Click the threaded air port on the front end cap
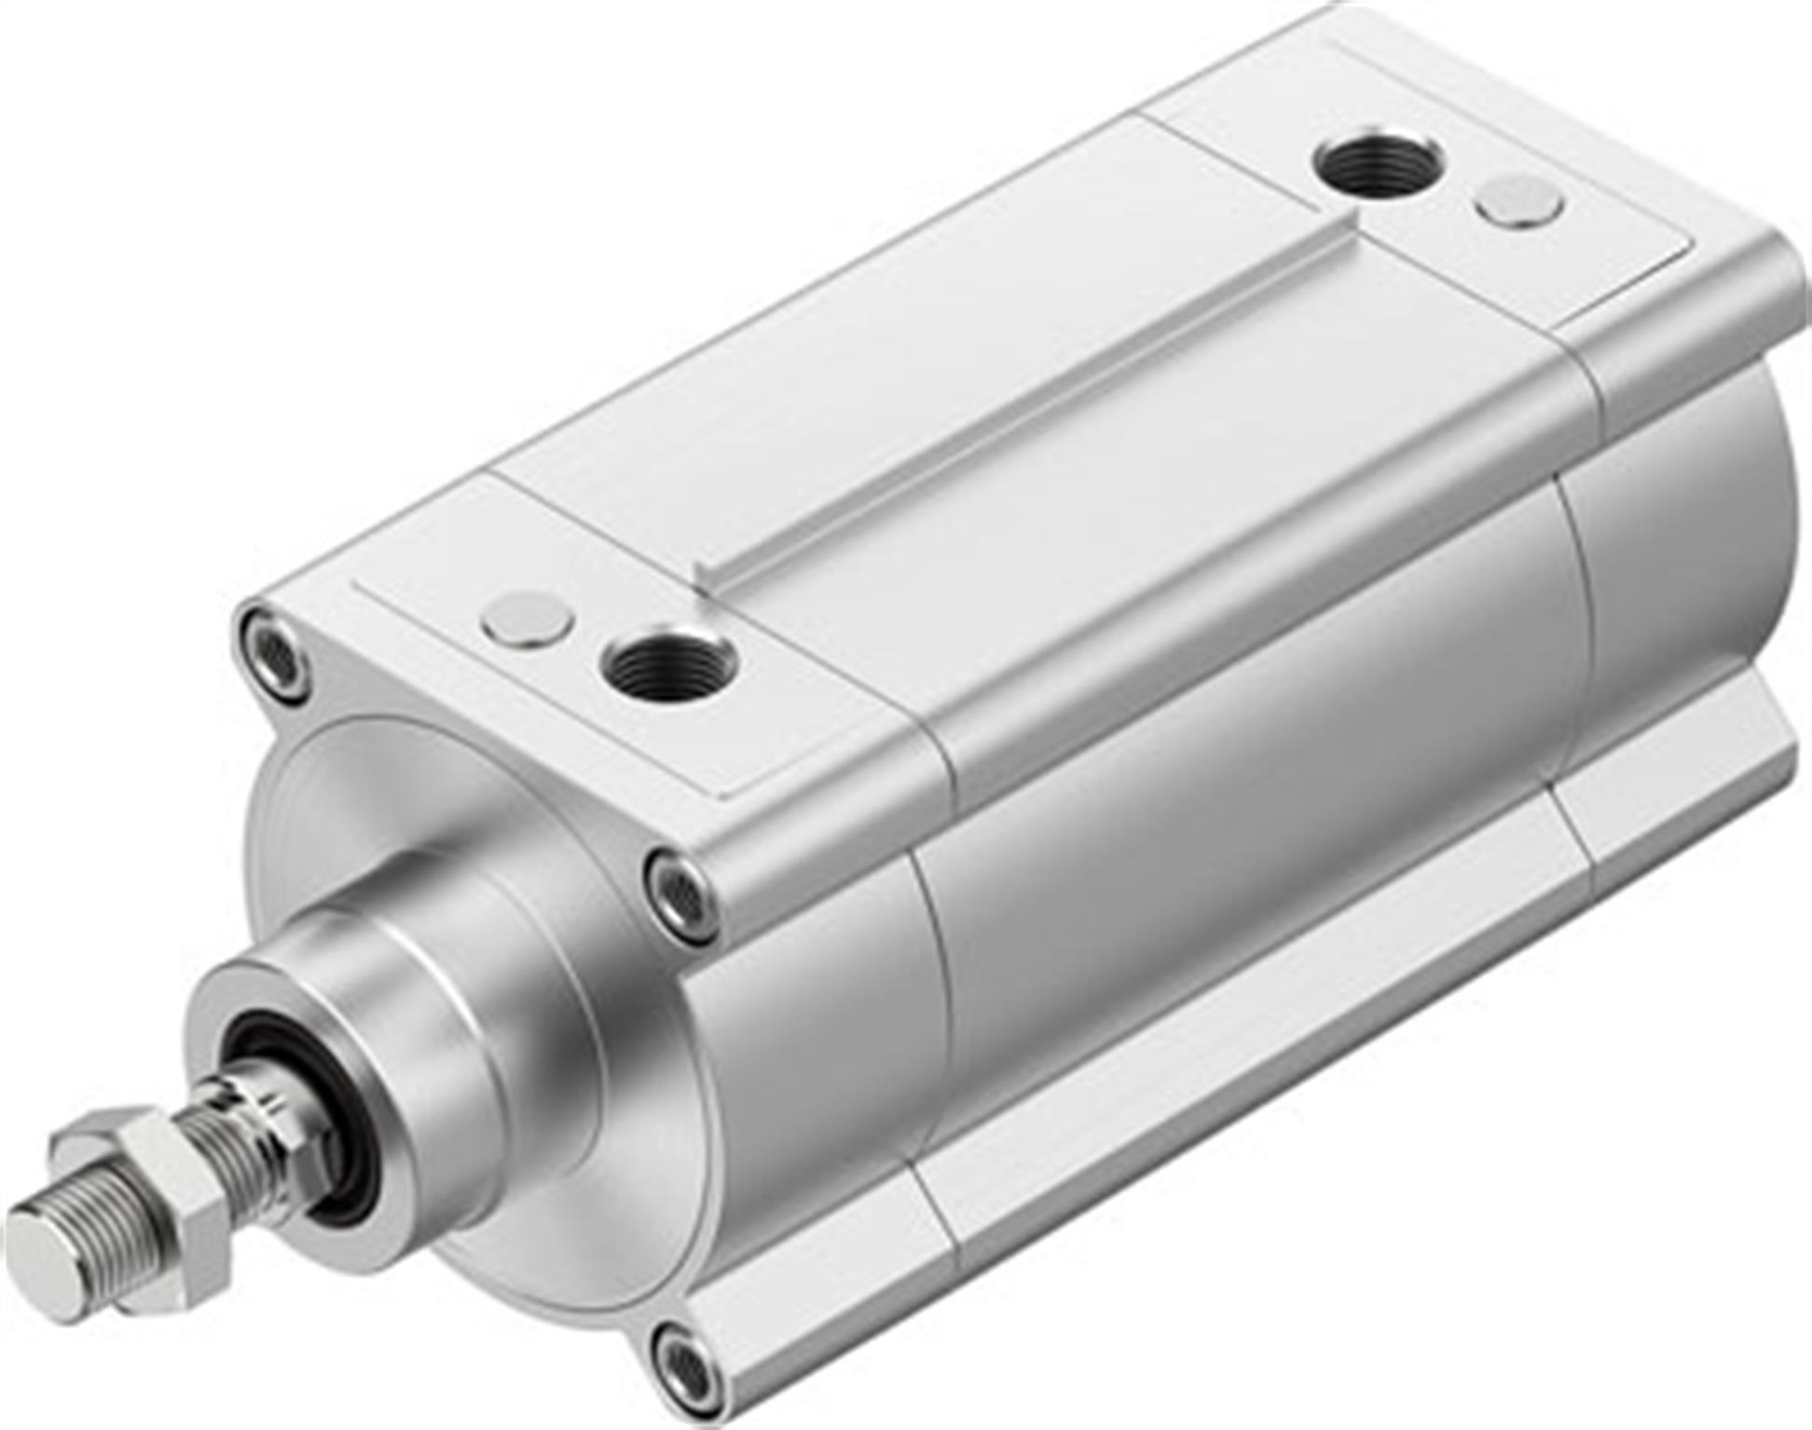669,663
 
